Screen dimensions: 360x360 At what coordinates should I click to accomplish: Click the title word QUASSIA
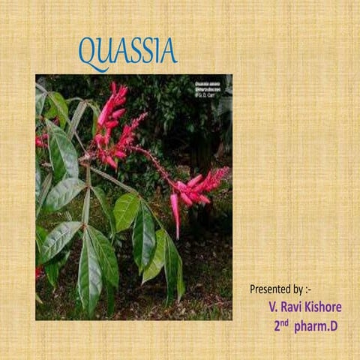point(127,52)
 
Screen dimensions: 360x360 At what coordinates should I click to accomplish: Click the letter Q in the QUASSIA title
point(89,52)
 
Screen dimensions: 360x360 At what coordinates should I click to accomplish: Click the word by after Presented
point(298,289)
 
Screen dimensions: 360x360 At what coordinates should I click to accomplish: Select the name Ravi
point(291,307)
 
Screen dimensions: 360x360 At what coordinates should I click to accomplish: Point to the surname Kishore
point(323,307)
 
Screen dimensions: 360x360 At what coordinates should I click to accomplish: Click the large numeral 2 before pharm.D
point(277,326)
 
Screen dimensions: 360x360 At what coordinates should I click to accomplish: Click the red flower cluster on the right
point(196,186)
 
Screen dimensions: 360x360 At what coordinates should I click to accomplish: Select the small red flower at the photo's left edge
point(40,140)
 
